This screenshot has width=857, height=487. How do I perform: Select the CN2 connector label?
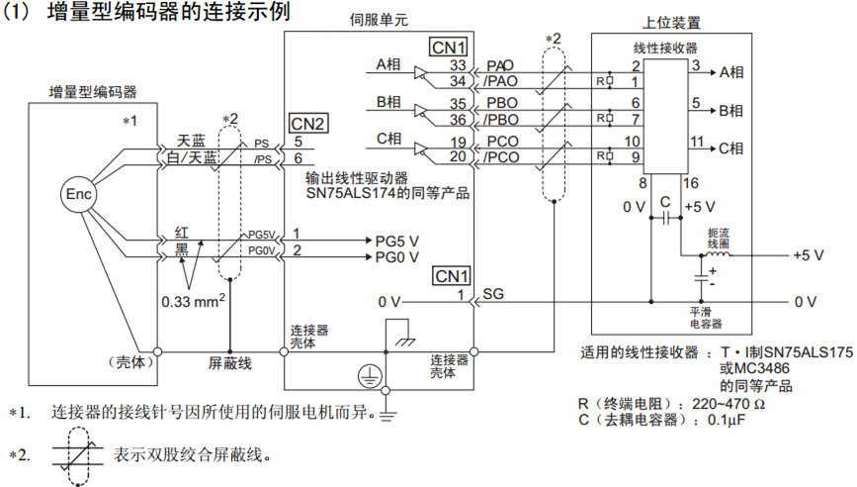click(x=307, y=124)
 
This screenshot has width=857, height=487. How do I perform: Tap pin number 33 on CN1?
click(x=459, y=65)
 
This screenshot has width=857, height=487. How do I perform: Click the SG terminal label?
click(x=493, y=294)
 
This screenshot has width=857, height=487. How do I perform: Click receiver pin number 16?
click(x=689, y=183)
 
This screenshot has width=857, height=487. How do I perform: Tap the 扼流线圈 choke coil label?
click(x=719, y=237)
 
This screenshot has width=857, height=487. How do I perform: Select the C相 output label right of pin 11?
click(x=730, y=147)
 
